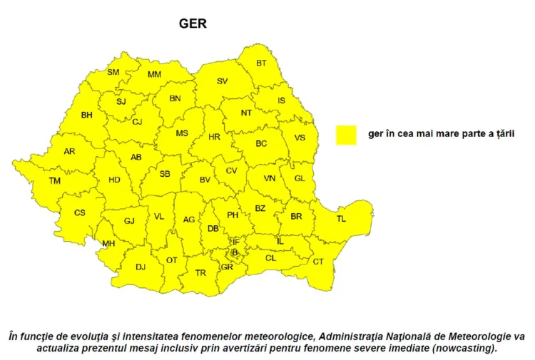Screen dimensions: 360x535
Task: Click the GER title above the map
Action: [x=193, y=24]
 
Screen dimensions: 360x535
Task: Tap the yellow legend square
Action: [x=347, y=134]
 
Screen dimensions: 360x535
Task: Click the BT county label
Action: [x=261, y=63]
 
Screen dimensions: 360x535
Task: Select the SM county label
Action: [x=113, y=72]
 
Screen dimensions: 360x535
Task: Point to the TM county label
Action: [x=55, y=181]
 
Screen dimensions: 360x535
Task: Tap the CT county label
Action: [x=318, y=262]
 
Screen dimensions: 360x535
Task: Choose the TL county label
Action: [x=341, y=219]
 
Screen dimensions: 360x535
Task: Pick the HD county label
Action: [x=114, y=180]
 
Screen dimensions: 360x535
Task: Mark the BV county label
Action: [x=205, y=180]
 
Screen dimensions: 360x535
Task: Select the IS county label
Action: [x=281, y=101]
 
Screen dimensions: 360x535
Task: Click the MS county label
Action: [x=182, y=133]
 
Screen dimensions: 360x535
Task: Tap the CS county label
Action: [x=80, y=212]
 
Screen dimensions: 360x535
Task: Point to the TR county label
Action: [x=200, y=273]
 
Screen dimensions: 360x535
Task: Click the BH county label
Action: [x=87, y=115]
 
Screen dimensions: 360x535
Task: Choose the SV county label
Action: [x=222, y=82]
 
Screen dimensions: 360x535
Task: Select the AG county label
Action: [x=189, y=220]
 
